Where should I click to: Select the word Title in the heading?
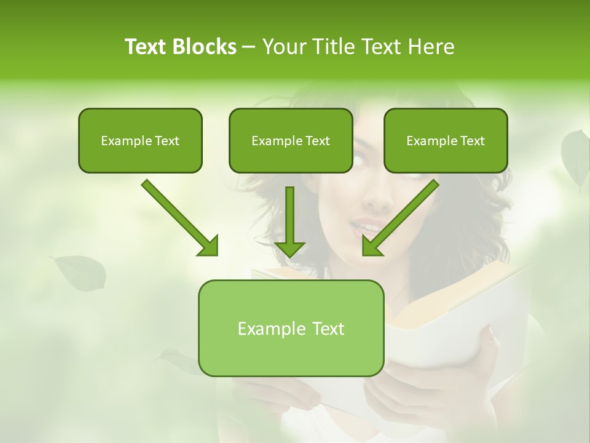pyautogui.click(x=327, y=47)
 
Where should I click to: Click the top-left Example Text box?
pyautogui.click(x=140, y=140)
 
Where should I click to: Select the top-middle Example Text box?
pyautogui.click(x=291, y=140)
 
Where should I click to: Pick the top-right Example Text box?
pyautogui.click(x=446, y=140)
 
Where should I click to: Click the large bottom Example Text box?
pyautogui.click(x=291, y=328)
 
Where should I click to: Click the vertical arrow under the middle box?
pyautogui.click(x=289, y=221)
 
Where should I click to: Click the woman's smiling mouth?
pyautogui.click(x=366, y=228)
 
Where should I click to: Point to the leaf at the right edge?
pyautogui.click(x=576, y=157)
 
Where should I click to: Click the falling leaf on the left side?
pyautogui.click(x=81, y=273)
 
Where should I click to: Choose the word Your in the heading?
pyautogui.click(x=283, y=47)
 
